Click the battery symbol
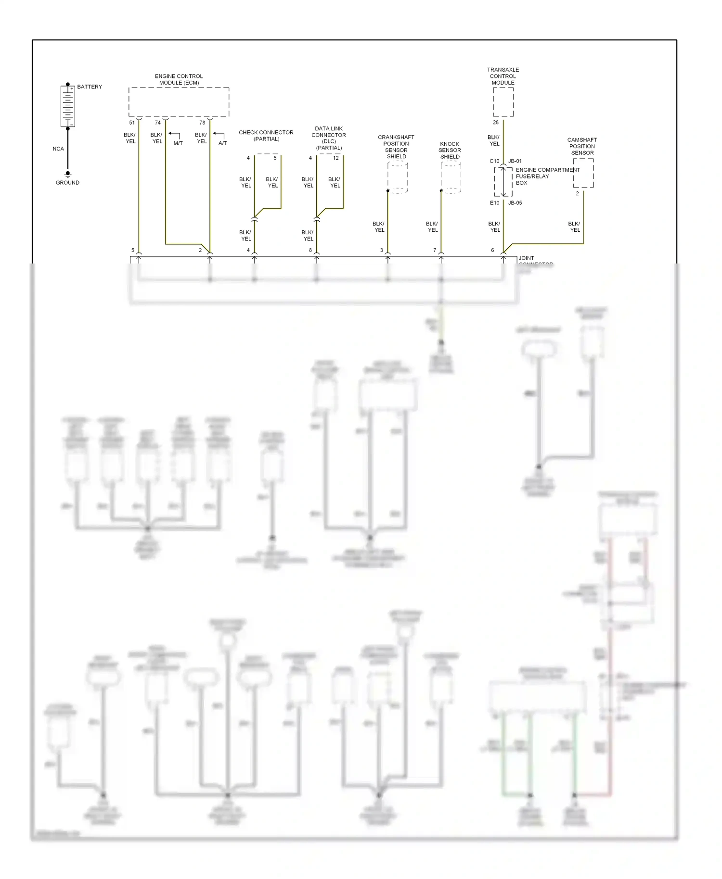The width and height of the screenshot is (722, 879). [68, 106]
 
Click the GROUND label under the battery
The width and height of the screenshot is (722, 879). [67, 183]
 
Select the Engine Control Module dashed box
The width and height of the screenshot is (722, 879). [179, 102]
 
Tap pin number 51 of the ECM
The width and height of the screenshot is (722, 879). [132, 123]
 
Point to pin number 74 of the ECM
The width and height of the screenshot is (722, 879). [157, 123]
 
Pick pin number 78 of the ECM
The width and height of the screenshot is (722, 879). [202, 123]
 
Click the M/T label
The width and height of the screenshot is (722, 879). [178, 143]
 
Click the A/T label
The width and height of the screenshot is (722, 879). [222, 143]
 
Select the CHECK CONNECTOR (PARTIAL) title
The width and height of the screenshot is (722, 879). [266, 136]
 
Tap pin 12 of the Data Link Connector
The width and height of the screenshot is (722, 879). [336, 158]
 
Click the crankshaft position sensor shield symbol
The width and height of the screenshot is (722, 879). [398, 178]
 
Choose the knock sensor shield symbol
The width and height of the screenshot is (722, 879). [451, 178]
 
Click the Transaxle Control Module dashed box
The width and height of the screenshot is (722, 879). [503, 102]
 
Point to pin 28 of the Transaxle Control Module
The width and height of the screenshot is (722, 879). [496, 123]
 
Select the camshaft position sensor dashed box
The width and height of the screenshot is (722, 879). [583, 173]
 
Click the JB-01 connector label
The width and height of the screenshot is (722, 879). [515, 161]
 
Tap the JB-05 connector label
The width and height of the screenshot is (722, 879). [515, 203]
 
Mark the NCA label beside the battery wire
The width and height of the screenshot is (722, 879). [58, 149]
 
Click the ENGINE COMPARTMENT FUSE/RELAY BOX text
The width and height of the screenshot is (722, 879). [547, 176]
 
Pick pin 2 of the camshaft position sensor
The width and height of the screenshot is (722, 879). [578, 194]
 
